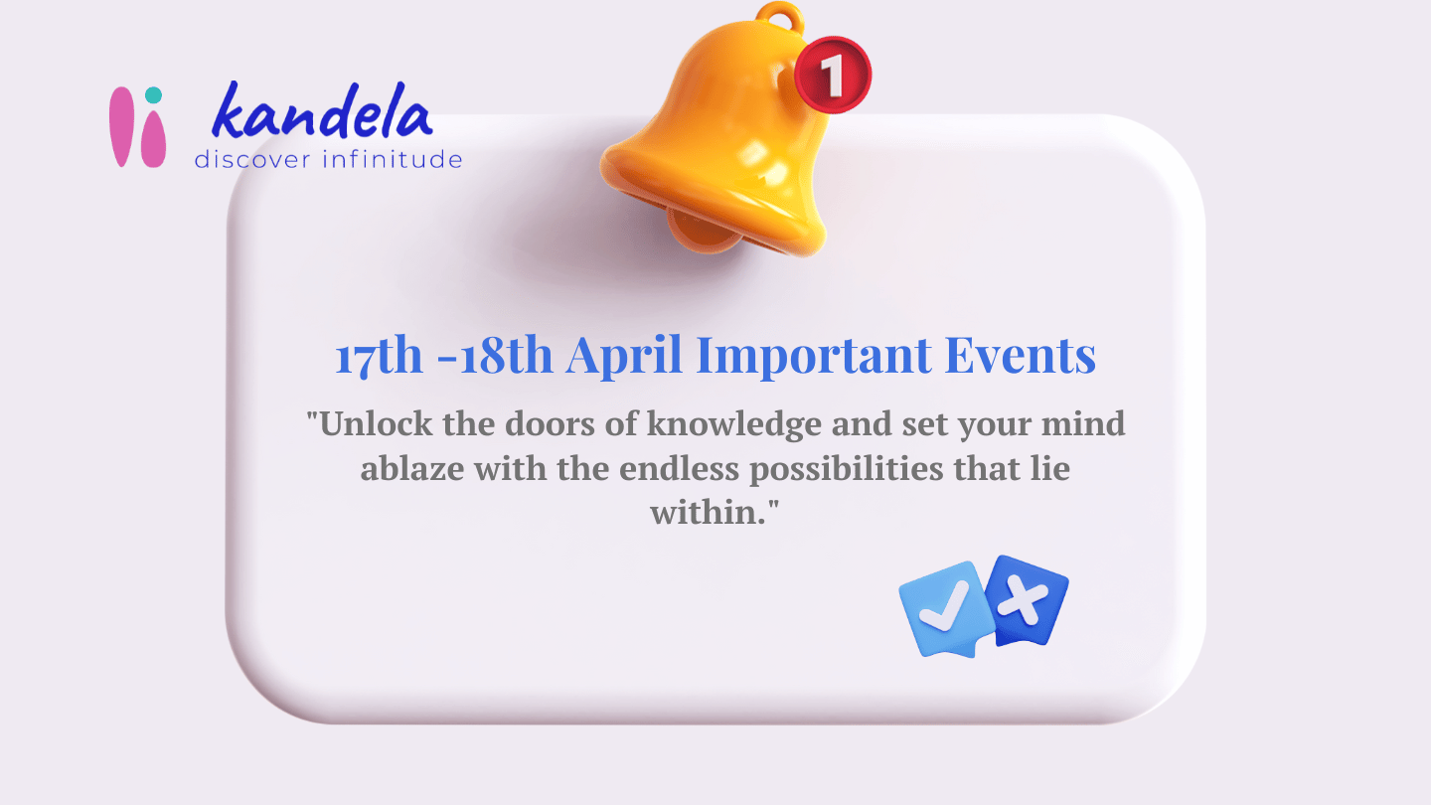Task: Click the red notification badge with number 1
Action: (x=833, y=75)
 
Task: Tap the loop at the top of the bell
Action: (x=778, y=18)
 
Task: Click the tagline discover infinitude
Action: (x=328, y=159)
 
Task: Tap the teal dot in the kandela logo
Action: (x=152, y=95)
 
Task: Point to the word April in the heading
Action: (x=627, y=356)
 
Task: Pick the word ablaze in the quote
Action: (x=410, y=468)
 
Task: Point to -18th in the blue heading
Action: (x=495, y=356)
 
